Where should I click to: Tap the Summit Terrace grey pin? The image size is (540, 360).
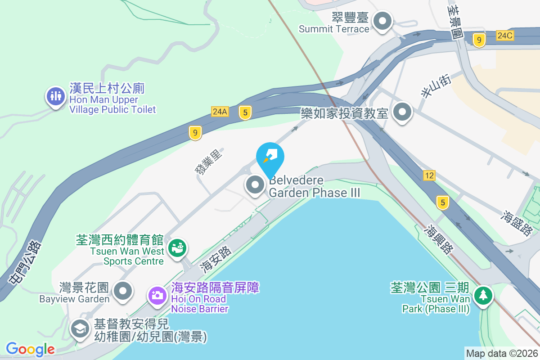click(x=382, y=21)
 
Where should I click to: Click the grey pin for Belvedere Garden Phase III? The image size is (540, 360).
click(x=255, y=184)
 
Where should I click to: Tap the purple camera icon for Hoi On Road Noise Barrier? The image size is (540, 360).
click(x=157, y=295)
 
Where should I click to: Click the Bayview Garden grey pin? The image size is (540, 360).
click(x=122, y=290)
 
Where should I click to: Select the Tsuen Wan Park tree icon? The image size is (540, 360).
click(x=483, y=295)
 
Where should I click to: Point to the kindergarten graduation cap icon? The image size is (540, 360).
click(x=80, y=328)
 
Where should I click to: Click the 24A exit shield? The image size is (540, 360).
click(x=220, y=112)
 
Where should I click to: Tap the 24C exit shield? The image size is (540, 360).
click(x=505, y=36)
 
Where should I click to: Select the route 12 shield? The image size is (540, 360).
click(x=429, y=175)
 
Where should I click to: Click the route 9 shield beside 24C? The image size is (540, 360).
click(x=479, y=40)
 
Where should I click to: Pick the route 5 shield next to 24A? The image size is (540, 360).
click(x=245, y=112)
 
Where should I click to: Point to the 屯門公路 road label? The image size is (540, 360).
click(x=25, y=262)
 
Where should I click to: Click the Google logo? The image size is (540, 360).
click(x=30, y=349)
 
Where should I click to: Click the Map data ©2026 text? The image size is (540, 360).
click(x=501, y=354)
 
